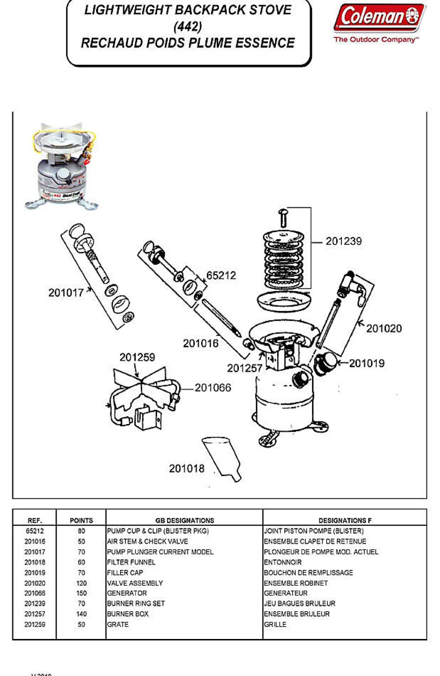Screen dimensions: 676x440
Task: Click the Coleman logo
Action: pyautogui.click(x=379, y=18)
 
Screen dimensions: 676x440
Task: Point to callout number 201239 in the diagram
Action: pyautogui.click(x=343, y=241)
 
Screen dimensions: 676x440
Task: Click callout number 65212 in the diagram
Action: pyautogui.click(x=221, y=276)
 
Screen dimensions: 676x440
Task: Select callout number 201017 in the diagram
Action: pyautogui.click(x=66, y=293)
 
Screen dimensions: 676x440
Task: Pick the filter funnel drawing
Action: pyautogui.click(x=222, y=458)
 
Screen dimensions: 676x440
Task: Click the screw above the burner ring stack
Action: pyautogui.click(x=284, y=218)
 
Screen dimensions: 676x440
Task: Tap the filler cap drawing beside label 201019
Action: pyautogui.click(x=325, y=363)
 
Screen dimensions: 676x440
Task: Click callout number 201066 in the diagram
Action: pyautogui.click(x=213, y=388)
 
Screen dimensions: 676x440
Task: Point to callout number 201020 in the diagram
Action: pyautogui.click(x=384, y=329)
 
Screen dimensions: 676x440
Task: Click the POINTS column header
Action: pyautogui.click(x=81, y=520)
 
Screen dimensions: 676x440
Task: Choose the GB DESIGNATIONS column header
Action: pyautogui.click(x=184, y=520)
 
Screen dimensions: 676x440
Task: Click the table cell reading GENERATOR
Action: pyautogui.click(x=127, y=593)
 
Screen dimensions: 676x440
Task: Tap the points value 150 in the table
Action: pyautogui.click(x=81, y=593)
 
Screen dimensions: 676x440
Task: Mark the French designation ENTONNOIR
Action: pyautogui.click(x=283, y=562)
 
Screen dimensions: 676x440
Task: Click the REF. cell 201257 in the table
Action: pyautogui.click(x=35, y=614)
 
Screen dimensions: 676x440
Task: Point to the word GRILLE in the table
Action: pyautogui.click(x=275, y=624)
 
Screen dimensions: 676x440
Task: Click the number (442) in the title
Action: pyautogui.click(x=188, y=27)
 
